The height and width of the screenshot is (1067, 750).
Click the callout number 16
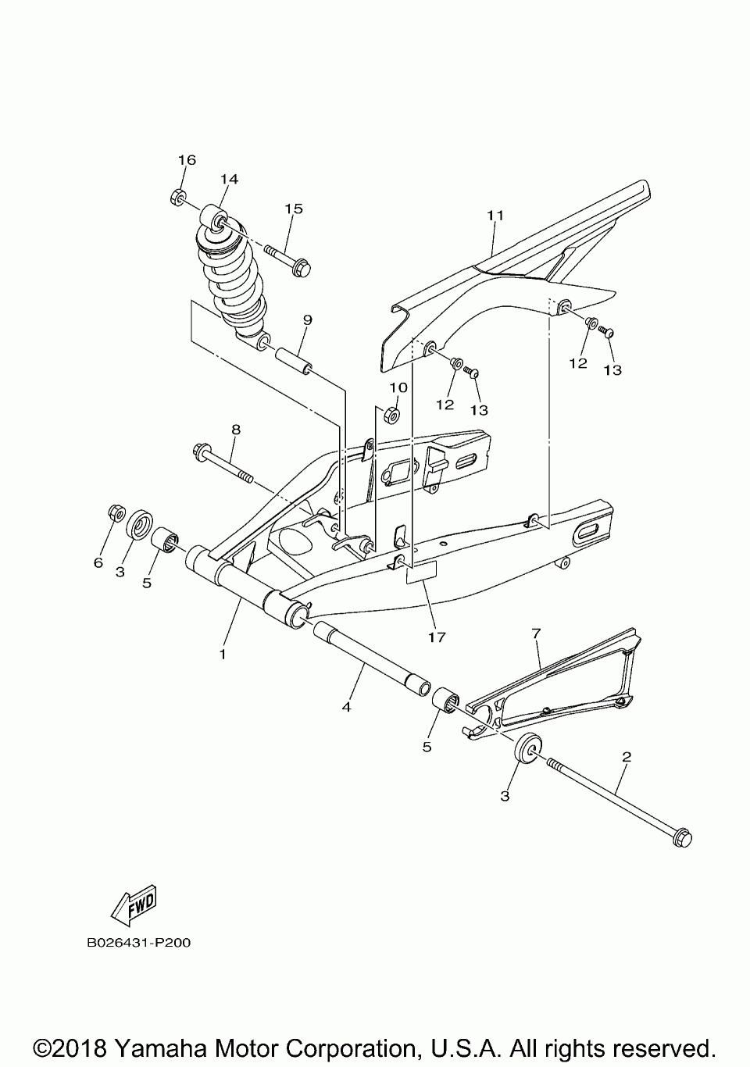point(186,160)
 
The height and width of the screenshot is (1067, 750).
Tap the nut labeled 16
point(177,198)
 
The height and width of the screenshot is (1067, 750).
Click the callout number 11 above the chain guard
point(495,215)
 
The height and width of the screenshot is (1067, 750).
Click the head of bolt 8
point(199,451)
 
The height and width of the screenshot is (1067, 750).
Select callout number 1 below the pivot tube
point(223,653)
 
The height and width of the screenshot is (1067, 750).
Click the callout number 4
point(347,706)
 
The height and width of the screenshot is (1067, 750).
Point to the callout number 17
point(437,637)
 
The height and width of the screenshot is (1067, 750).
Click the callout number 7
point(537,633)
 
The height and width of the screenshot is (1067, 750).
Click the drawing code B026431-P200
point(139,943)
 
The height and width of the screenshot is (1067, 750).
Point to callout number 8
point(235,429)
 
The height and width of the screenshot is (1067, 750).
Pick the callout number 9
point(307,319)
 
